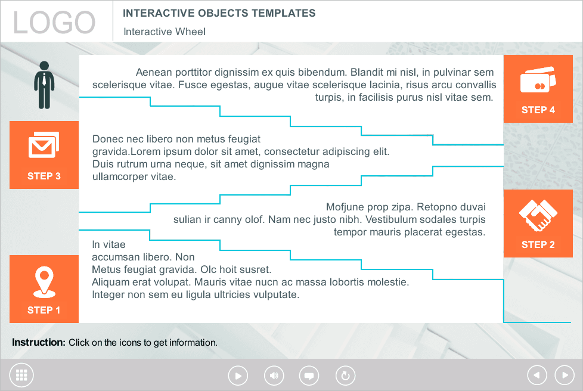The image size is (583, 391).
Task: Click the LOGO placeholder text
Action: [54, 23]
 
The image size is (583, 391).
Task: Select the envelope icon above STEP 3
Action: [44, 145]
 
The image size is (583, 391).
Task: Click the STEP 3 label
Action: [44, 176]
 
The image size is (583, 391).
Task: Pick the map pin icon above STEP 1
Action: [44, 281]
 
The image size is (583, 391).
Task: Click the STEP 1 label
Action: [44, 310]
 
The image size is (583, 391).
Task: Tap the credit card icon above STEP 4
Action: [538, 80]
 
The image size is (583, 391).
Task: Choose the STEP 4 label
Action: [538, 110]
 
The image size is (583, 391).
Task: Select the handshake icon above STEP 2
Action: [538, 215]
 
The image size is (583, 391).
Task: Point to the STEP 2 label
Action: [538, 244]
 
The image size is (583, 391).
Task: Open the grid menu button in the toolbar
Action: [22, 375]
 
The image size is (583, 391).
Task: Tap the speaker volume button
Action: [274, 376]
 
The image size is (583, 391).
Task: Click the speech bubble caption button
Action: [309, 376]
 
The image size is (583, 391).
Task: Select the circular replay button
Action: [345, 376]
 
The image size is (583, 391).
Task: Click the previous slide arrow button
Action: [537, 375]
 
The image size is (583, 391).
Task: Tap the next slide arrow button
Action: [564, 375]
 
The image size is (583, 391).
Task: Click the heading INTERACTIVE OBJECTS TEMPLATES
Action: [219, 13]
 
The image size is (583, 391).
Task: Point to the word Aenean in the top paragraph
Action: [153, 72]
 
